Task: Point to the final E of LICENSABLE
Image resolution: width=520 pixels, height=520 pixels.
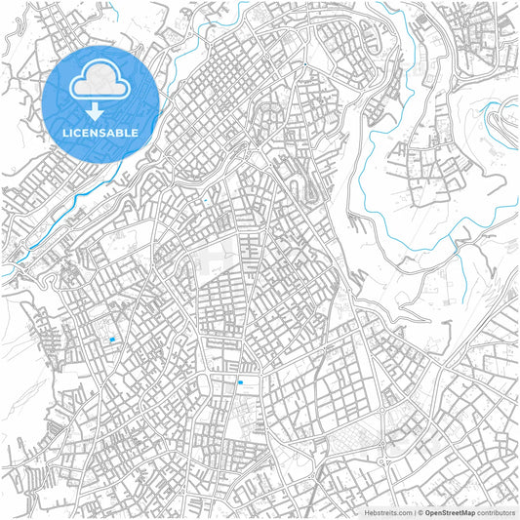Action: [x=136, y=132]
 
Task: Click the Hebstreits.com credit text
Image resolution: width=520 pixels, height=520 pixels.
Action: [x=388, y=511]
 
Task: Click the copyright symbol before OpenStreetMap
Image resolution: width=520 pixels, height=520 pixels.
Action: [x=420, y=511]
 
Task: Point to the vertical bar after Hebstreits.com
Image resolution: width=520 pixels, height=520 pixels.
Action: [x=414, y=511]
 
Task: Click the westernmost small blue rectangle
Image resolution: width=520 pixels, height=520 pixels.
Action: [x=113, y=340]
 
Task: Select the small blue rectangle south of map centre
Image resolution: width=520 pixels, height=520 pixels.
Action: [x=240, y=382]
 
